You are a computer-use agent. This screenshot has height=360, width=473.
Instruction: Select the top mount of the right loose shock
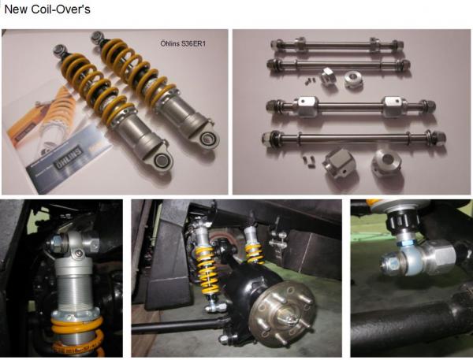pyautogui.click(x=98, y=38)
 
